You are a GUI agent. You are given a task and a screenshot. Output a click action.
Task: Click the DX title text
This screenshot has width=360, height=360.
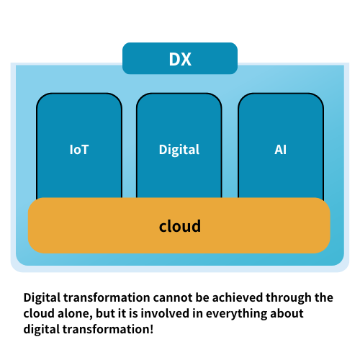(180, 59)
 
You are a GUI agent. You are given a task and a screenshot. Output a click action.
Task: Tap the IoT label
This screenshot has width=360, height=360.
(79, 150)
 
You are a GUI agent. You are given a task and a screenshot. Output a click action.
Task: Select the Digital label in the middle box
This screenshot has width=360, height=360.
(179, 150)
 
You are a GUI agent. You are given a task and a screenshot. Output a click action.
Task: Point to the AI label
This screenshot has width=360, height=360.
(280, 150)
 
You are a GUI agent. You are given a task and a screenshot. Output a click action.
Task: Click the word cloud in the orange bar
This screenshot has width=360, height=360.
(180, 226)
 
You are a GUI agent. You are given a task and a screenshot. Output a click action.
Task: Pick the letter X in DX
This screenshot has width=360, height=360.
(186, 59)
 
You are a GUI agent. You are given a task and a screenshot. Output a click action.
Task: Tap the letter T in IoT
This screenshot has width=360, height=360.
(85, 150)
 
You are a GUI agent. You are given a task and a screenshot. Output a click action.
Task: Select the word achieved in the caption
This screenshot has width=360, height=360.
(238, 297)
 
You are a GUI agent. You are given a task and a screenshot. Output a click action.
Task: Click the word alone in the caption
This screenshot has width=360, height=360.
(73, 313)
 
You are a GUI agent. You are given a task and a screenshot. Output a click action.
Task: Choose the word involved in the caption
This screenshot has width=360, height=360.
(165, 313)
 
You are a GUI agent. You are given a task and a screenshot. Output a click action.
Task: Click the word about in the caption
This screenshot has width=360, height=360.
(287, 313)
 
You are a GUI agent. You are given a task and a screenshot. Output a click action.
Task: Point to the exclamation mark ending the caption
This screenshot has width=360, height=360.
(152, 329)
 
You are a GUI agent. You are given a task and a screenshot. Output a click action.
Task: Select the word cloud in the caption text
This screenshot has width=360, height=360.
(39, 313)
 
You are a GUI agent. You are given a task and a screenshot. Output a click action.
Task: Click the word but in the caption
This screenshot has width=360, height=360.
(104, 313)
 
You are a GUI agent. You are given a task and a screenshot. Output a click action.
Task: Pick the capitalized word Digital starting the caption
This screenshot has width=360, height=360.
(42, 298)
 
